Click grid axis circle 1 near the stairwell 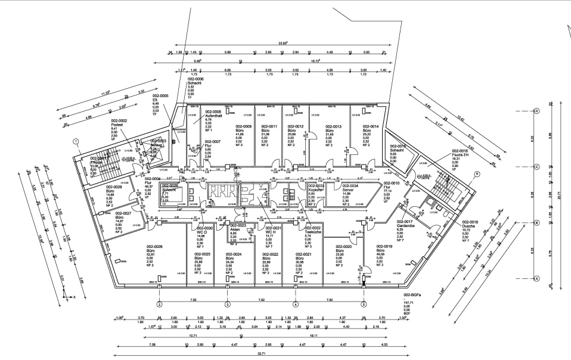point(76,141)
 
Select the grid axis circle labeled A point(536,278)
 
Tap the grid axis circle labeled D point(536,111)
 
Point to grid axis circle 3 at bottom point(227,304)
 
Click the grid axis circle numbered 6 point(477,174)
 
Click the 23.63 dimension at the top point(283,43)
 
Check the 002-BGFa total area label point(412,295)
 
